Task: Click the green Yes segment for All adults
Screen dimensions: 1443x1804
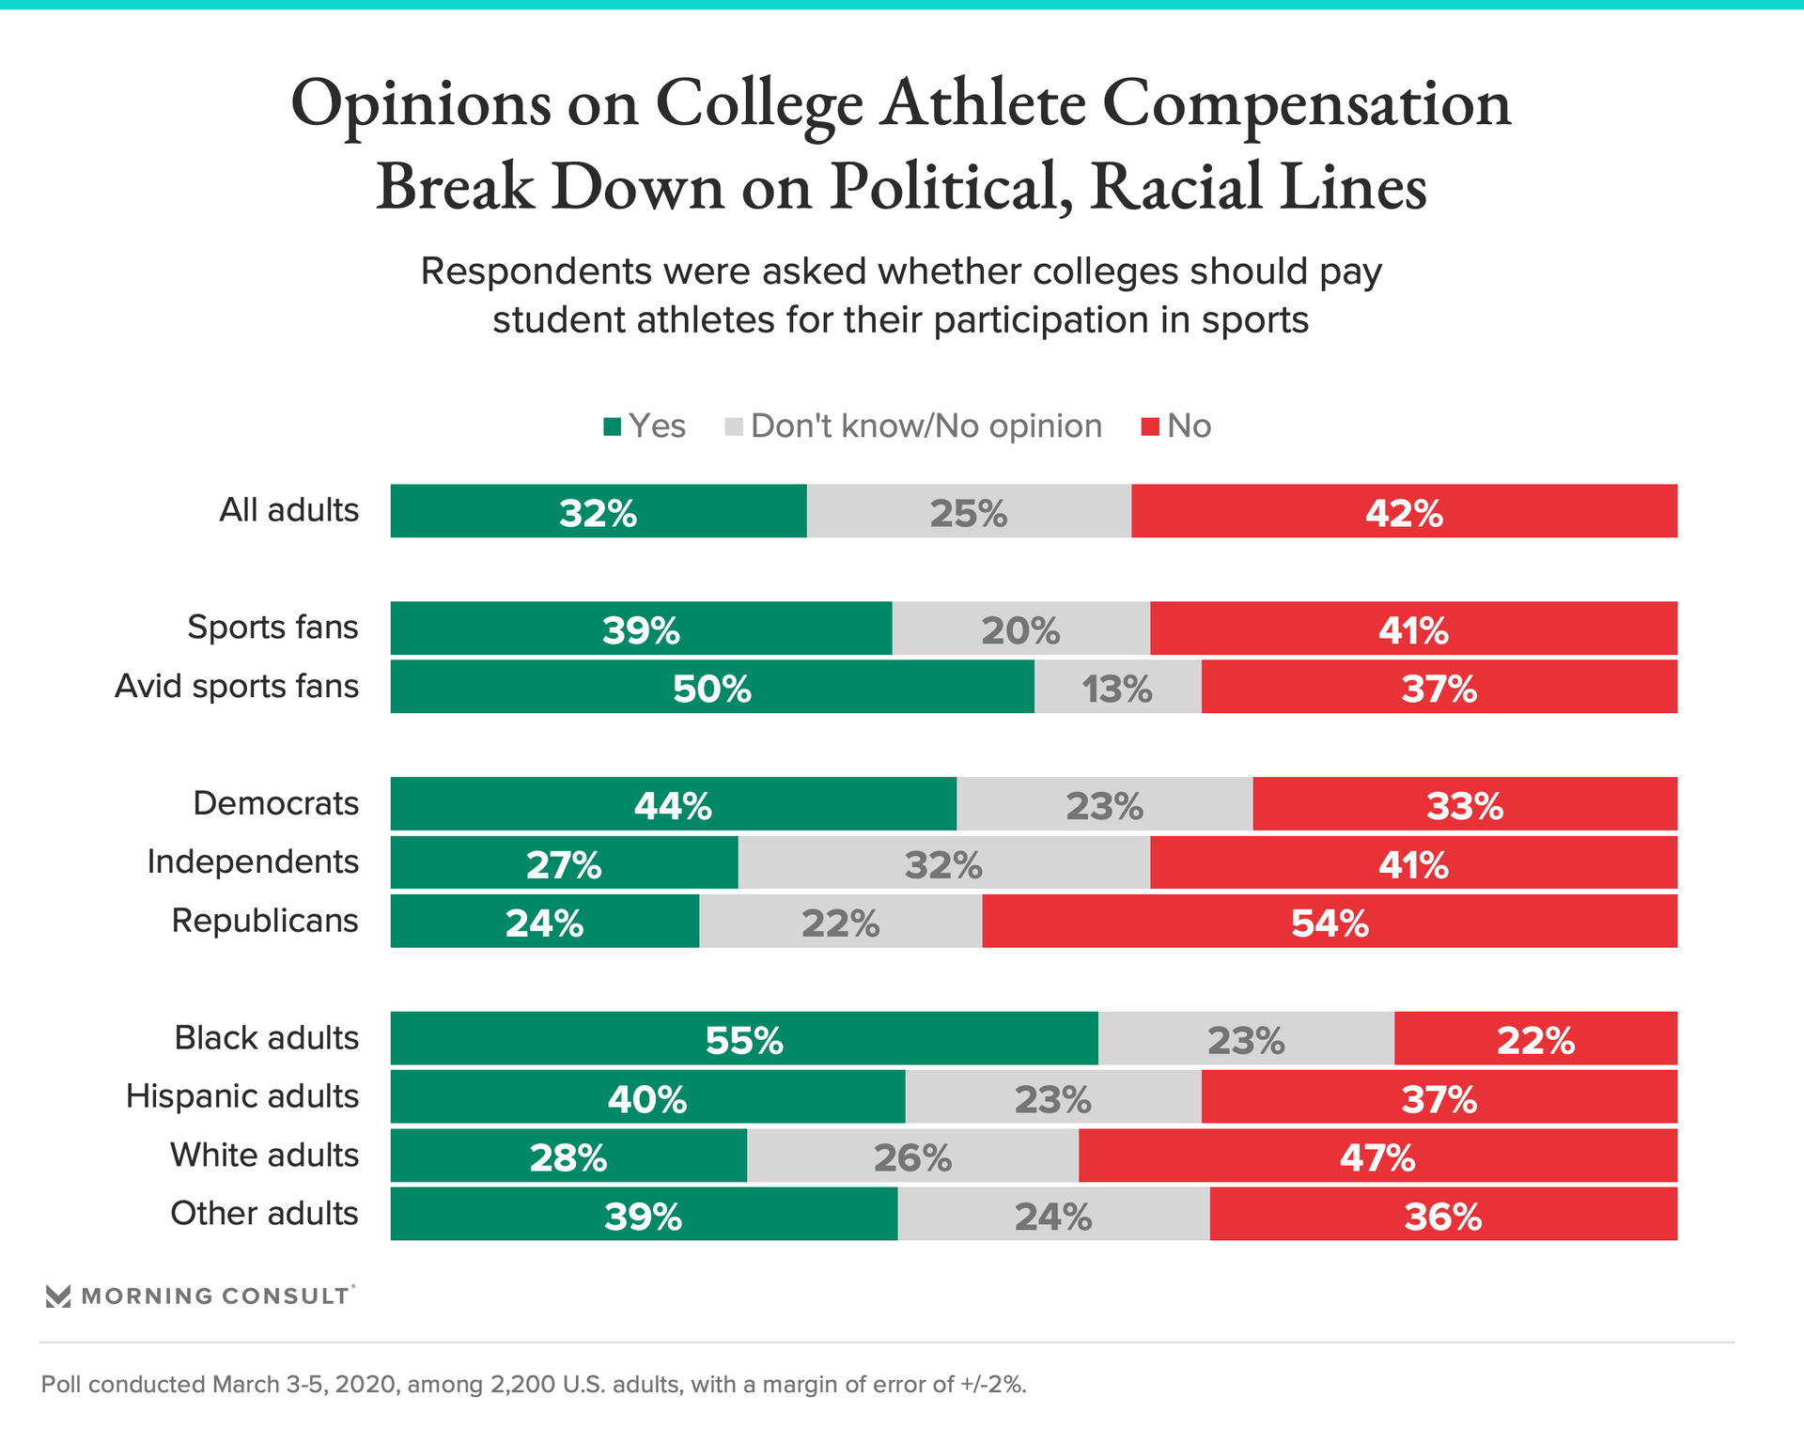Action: point(599,512)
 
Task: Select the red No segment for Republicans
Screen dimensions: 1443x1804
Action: point(1330,922)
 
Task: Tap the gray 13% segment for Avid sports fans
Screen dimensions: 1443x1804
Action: point(1117,688)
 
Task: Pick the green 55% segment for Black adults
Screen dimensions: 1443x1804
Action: point(744,1039)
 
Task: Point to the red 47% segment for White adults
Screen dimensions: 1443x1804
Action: point(1377,1156)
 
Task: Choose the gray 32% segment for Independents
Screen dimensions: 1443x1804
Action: point(943,863)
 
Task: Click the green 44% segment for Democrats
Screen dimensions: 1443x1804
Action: point(673,804)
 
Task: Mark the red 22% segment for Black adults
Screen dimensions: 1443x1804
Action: point(1535,1039)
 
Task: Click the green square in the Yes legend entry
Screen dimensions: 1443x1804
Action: point(613,427)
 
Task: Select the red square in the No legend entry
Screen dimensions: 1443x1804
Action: point(1150,427)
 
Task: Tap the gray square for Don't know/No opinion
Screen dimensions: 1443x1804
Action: point(734,427)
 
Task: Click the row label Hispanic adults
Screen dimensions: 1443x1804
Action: point(242,1096)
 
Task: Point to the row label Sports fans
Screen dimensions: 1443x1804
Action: point(272,627)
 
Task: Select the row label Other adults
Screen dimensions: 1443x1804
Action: point(264,1214)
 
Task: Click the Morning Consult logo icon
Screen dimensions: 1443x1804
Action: point(58,1296)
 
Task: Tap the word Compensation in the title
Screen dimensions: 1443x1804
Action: point(1306,103)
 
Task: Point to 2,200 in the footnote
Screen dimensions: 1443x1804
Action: point(521,1385)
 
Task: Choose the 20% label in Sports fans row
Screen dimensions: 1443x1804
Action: point(1020,630)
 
